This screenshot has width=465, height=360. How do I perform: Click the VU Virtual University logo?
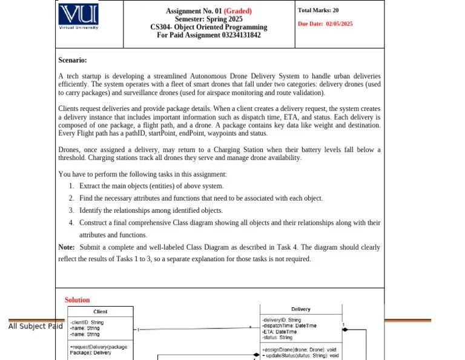pos(79,16)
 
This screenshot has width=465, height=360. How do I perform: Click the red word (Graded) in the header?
pos(237,11)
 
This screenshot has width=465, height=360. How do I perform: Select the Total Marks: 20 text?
pos(318,10)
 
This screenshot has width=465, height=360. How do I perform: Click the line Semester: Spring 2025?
pos(208,19)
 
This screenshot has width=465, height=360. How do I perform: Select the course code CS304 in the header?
pos(160,27)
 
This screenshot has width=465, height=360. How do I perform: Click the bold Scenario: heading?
pos(72,60)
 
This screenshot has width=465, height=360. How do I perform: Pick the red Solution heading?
pos(77,300)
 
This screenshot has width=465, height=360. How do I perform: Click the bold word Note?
pos(67,247)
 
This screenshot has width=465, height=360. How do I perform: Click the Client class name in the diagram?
pos(101,312)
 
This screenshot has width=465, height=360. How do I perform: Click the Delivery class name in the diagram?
pos(300,309)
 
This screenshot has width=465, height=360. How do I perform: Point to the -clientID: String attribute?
pos(87,322)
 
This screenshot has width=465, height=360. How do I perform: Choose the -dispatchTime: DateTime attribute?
pos(289,325)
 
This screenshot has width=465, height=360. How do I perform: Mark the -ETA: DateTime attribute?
pos(279,332)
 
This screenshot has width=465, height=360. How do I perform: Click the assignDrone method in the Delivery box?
pos(300,350)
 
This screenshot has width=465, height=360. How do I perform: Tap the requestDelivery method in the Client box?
pos(99,347)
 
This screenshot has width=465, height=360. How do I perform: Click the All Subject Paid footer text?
pos(35,327)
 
